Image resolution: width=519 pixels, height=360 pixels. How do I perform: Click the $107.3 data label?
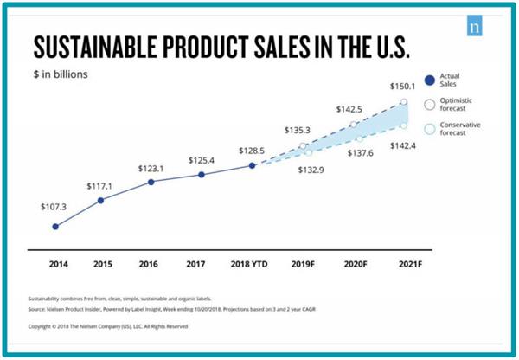(53, 208)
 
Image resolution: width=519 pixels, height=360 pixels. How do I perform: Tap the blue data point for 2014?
(55, 227)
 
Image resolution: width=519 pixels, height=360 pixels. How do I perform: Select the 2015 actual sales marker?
(101, 200)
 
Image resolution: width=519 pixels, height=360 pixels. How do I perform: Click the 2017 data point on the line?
(202, 174)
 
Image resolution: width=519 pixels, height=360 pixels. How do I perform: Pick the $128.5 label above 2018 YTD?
(252, 150)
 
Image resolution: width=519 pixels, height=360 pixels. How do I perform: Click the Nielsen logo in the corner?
(475, 26)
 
